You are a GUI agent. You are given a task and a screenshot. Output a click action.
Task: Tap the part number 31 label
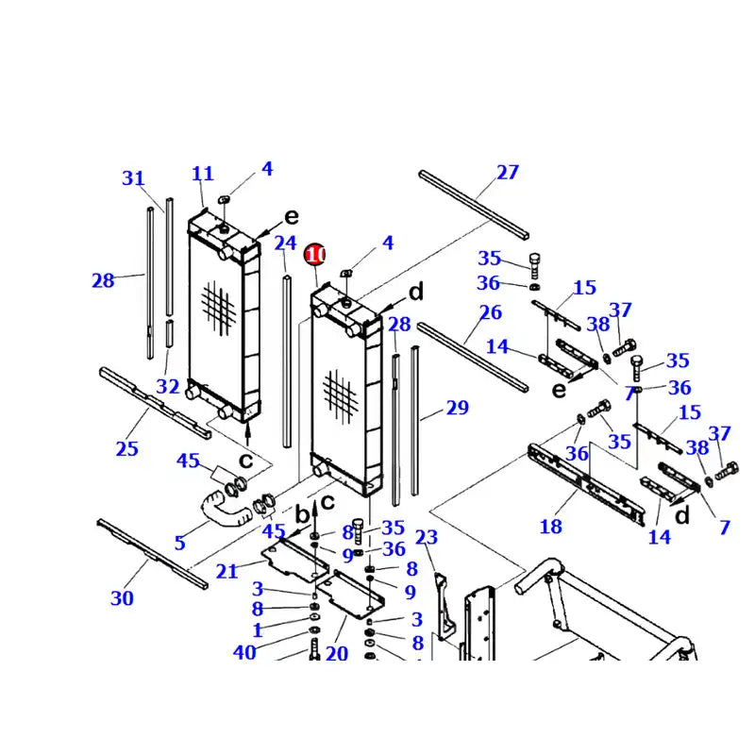(x=134, y=177)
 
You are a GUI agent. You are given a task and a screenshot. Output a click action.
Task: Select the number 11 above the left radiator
(x=203, y=174)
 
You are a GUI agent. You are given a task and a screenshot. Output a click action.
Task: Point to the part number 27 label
(x=508, y=172)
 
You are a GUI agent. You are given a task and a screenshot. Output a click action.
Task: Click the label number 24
(x=285, y=243)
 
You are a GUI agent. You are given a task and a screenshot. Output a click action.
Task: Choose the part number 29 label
(x=457, y=408)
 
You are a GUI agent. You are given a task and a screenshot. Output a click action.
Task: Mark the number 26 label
(x=490, y=312)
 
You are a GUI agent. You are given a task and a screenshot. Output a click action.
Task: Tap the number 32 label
(x=168, y=386)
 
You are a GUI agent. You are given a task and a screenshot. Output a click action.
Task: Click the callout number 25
(x=127, y=448)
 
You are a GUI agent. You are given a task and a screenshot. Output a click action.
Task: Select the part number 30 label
(x=122, y=597)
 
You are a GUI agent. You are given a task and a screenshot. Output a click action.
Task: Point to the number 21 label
(x=226, y=571)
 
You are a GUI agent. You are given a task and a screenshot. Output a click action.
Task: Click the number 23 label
(x=427, y=538)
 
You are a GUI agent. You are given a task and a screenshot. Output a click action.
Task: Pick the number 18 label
(x=550, y=527)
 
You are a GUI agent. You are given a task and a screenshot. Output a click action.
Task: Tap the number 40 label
(x=244, y=652)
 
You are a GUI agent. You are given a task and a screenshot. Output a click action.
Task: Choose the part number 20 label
(x=337, y=653)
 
